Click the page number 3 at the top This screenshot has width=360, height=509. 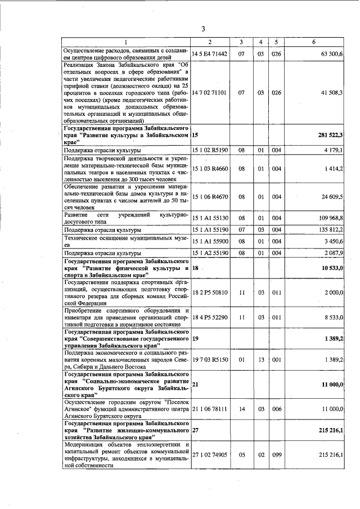[204, 29]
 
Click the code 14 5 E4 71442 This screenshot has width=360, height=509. [209, 54]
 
